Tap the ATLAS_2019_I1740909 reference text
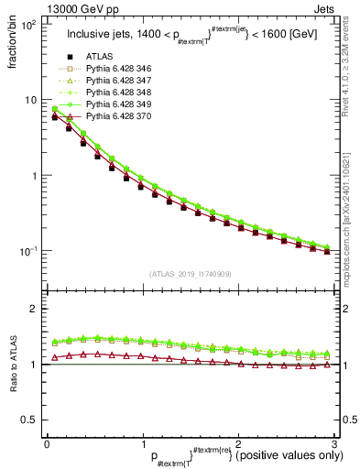(190, 274)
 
